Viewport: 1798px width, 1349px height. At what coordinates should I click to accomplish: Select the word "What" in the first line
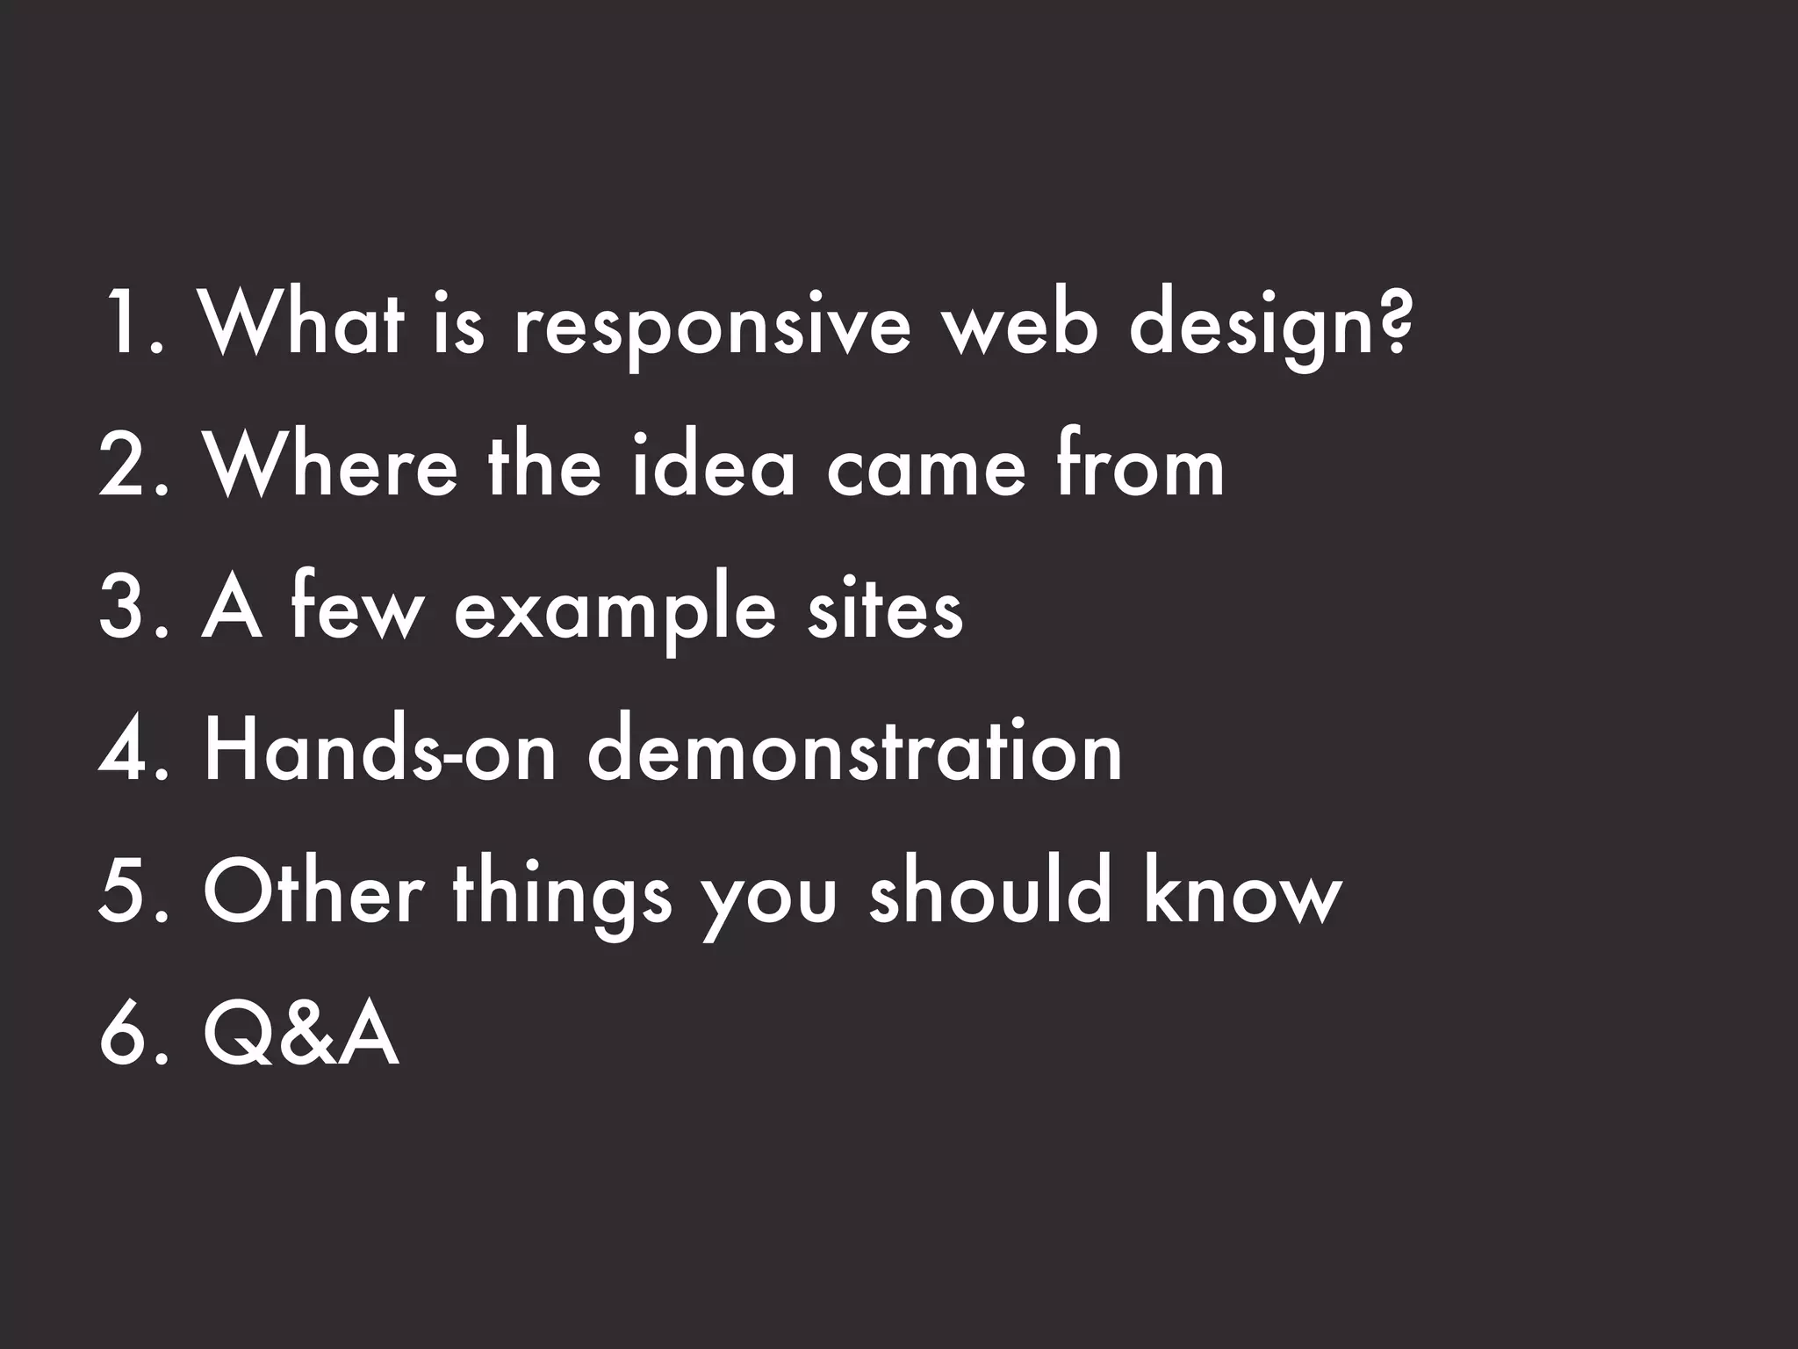tap(303, 322)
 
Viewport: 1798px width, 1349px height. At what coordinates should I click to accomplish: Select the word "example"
tap(615, 612)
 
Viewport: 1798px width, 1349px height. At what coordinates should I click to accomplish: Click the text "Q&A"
tap(301, 1036)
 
